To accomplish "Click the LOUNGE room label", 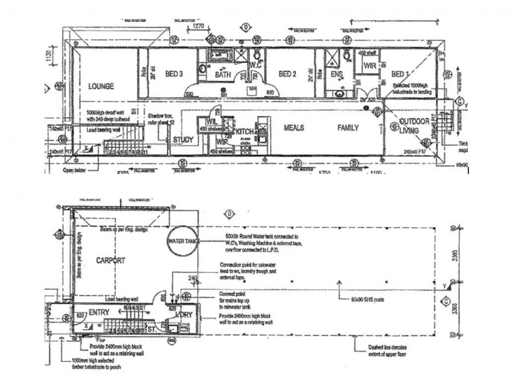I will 101,85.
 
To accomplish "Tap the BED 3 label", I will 174,74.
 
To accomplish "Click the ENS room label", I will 337,74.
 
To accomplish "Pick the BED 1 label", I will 400,74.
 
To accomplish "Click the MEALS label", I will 295,128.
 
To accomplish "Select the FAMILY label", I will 348,128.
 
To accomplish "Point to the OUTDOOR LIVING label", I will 414,127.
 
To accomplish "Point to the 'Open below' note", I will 75,171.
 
